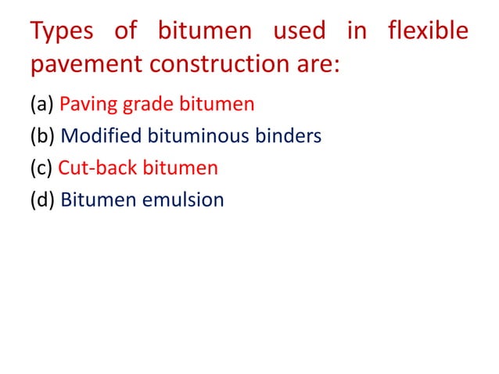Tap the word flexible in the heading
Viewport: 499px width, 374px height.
[428, 32]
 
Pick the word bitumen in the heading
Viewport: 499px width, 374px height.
[204, 32]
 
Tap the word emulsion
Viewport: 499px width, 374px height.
[185, 200]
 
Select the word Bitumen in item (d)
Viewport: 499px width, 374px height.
[99, 200]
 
